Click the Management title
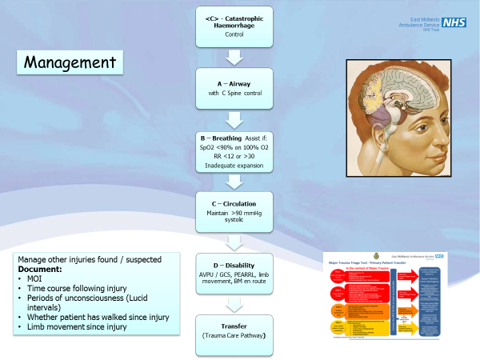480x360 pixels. (x=68, y=62)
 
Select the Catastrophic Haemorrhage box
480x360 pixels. (x=234, y=25)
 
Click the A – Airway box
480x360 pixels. (x=234, y=88)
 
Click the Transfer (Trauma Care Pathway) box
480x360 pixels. (x=234, y=332)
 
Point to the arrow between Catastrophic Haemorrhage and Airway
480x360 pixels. (x=234, y=57)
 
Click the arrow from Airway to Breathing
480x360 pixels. (x=234, y=119)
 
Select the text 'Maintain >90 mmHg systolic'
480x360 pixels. (x=234, y=218)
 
